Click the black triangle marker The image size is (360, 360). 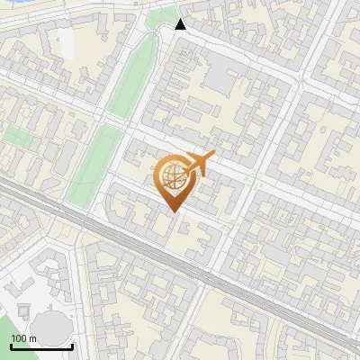coord(181,24)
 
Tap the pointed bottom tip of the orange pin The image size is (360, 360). coord(173,211)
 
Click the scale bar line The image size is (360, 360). coord(41,346)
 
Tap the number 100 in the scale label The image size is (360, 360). coord(19,338)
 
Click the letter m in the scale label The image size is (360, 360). coord(32,338)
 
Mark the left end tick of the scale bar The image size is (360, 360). coord(11,345)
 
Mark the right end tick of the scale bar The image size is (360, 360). coord(72,345)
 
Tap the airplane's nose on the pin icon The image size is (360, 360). coord(214,156)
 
